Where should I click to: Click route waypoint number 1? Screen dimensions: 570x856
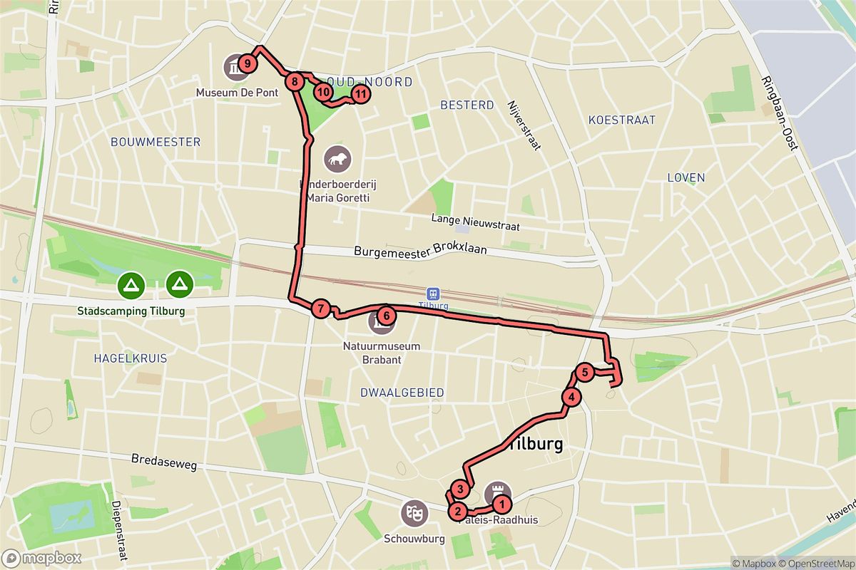pos(502,505)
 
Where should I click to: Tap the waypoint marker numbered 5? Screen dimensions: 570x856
pos(584,371)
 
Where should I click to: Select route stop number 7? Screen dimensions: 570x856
pos(321,309)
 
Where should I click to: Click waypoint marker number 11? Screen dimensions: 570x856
pos(361,93)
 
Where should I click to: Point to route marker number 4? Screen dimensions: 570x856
pos(571,398)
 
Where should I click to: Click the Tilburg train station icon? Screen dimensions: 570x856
pos(432,294)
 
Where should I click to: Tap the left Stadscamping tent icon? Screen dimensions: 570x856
pos(131,286)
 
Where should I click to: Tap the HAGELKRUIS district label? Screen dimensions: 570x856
pos(130,358)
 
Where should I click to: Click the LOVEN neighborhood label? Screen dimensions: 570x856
pos(685,177)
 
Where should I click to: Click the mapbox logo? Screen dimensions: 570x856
pos(41,558)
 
